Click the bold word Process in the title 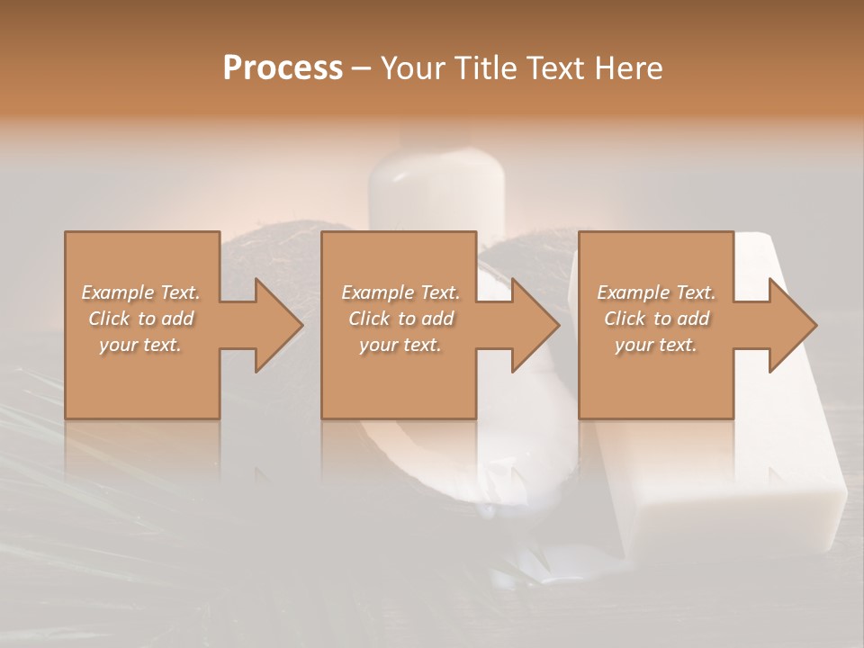[283, 67]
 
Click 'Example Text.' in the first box [140, 292]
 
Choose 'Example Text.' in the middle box [400, 292]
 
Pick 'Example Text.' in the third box [656, 292]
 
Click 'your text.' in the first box [140, 345]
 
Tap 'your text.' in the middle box [400, 345]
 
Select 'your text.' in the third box [656, 345]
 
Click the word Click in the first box [108, 319]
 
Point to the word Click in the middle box [368, 319]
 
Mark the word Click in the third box [624, 319]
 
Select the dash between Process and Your [360, 68]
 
